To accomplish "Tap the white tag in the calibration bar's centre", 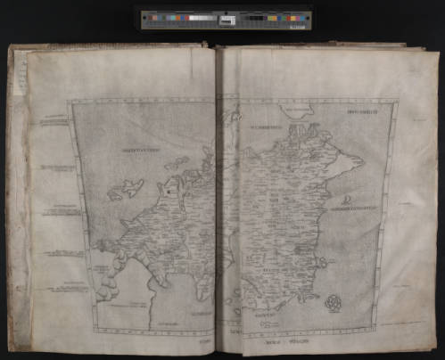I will click(227, 19).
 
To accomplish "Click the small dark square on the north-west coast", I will click(167, 188).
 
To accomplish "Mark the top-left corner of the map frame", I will click(70, 100).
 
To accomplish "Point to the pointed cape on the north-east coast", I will click(356, 161).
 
